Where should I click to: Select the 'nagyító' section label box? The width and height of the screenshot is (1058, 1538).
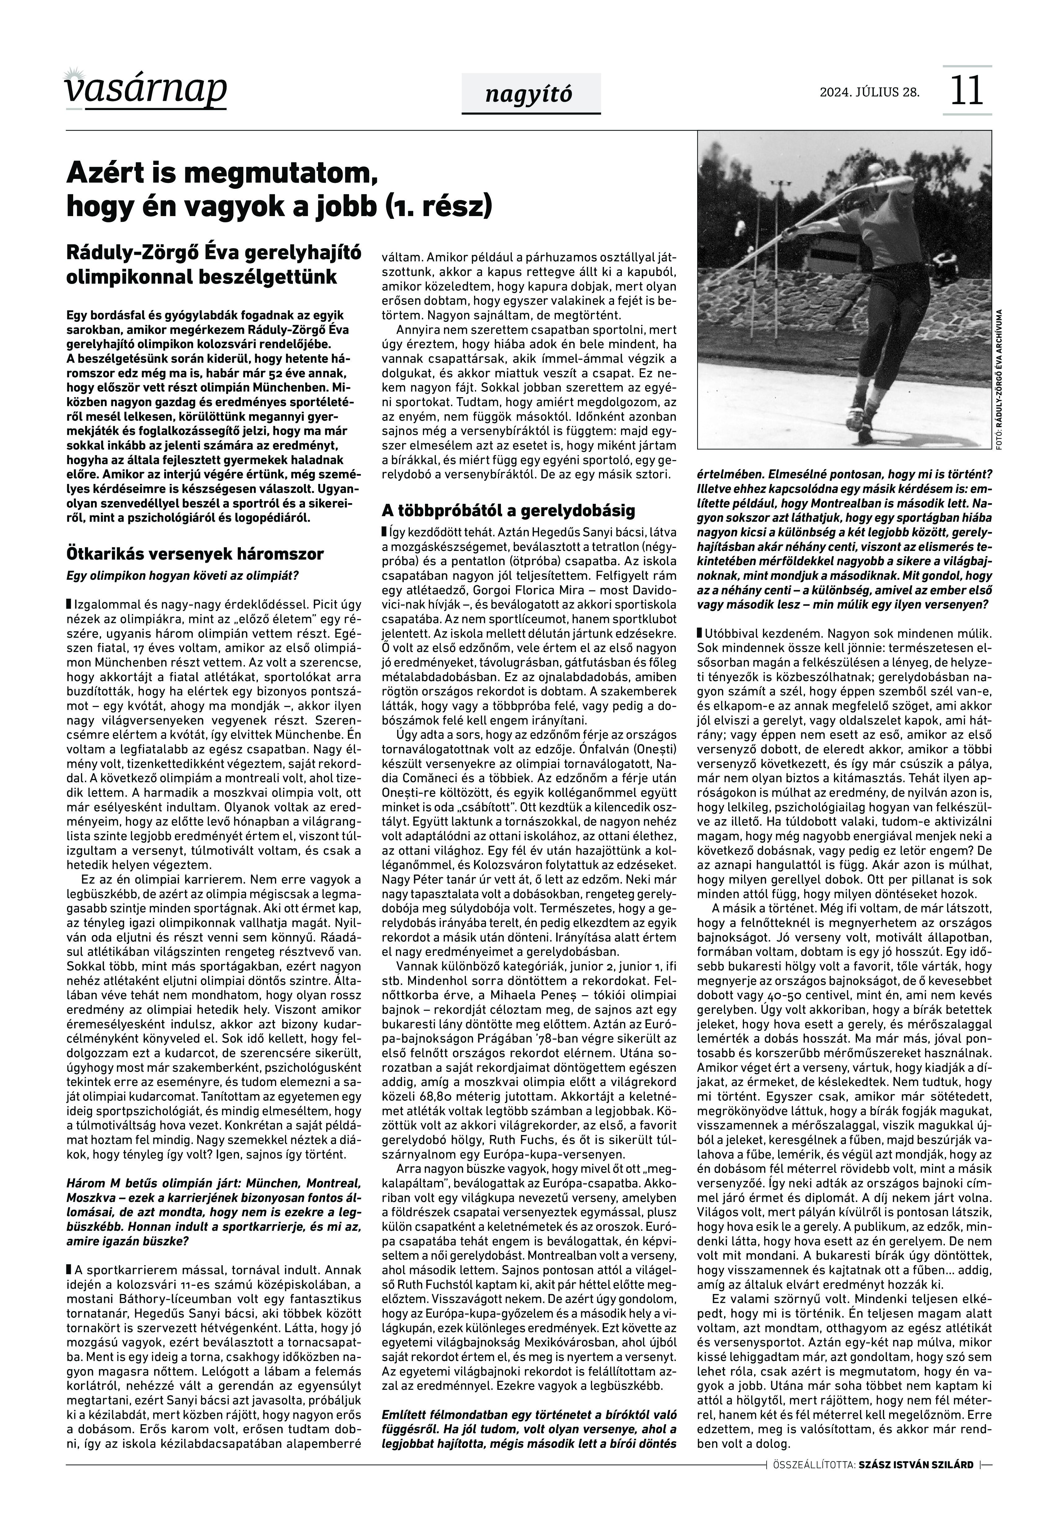(x=530, y=94)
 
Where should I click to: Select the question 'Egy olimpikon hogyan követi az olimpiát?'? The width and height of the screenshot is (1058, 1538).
(x=182, y=575)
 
